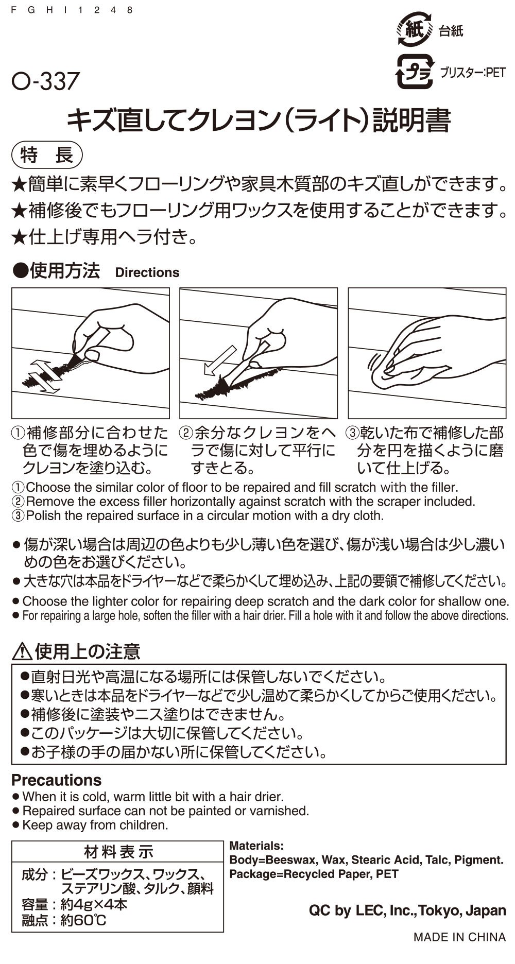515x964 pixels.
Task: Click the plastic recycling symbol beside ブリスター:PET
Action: (413, 73)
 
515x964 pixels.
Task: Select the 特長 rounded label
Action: (47, 155)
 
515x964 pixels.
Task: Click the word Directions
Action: (147, 272)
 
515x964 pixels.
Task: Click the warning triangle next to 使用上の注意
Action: (21, 652)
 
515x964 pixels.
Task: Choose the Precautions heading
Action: (56, 780)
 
